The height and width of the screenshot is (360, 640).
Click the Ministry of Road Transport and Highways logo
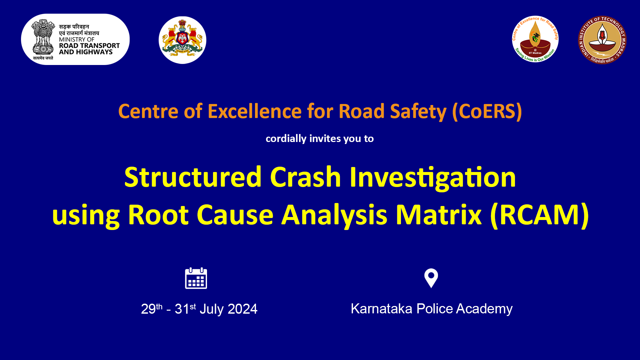(x=75, y=39)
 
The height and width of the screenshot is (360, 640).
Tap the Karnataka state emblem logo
(x=182, y=40)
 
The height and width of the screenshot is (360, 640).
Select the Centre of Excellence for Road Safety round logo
(x=535, y=39)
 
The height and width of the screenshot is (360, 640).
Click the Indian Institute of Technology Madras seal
(x=602, y=40)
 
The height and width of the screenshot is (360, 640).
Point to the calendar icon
(x=196, y=278)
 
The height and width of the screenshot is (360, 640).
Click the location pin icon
(x=431, y=278)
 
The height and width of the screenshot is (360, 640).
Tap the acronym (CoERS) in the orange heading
(x=487, y=111)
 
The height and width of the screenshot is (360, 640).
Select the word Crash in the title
(x=305, y=177)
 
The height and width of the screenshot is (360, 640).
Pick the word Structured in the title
(x=193, y=177)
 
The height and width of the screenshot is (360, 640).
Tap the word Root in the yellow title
(x=158, y=215)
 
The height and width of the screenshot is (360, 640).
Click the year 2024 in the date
(x=243, y=309)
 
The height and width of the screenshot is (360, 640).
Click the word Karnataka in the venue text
(x=381, y=309)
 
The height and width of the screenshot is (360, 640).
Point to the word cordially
(x=286, y=139)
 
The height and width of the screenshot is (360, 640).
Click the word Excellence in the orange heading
(x=255, y=111)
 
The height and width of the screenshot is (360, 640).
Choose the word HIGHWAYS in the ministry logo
(x=96, y=52)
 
